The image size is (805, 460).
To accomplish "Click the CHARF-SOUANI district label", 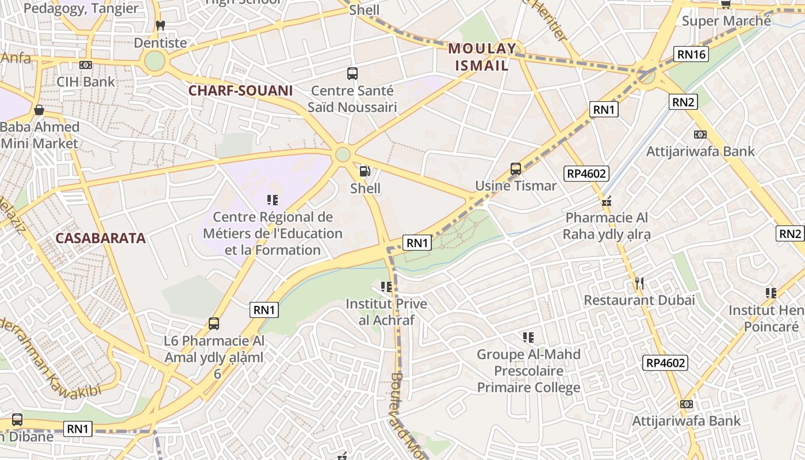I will point(240,90).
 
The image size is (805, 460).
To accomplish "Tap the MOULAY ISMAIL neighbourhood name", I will point(482,57).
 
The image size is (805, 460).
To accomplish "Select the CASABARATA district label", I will point(101,238).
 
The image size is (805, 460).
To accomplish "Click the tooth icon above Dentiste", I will point(160,26).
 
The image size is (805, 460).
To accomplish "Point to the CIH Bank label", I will point(86,82).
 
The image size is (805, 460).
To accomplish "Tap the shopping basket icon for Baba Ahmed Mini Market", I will point(39,109).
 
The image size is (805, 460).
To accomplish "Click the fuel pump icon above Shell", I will point(365,171).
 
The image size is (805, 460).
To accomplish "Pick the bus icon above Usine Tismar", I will point(516,169).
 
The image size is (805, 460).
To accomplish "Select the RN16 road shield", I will point(691,55).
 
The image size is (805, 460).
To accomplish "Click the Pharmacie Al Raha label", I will point(607,226).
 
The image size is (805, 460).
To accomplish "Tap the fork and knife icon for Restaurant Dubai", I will point(639,283).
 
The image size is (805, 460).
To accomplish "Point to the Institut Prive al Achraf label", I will point(386,312).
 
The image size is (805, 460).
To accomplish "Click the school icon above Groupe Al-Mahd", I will point(528,338).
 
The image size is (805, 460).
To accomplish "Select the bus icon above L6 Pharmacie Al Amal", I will point(214,324).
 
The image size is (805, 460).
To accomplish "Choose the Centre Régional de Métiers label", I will point(273,233).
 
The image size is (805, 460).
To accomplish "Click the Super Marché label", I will point(726,21).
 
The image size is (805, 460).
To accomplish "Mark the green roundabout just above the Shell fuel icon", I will point(343,154).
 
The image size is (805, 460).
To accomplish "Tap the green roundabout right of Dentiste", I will point(155,62).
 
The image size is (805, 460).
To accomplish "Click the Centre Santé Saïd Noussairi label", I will point(352,99).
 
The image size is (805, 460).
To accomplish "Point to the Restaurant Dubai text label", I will point(639,300).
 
